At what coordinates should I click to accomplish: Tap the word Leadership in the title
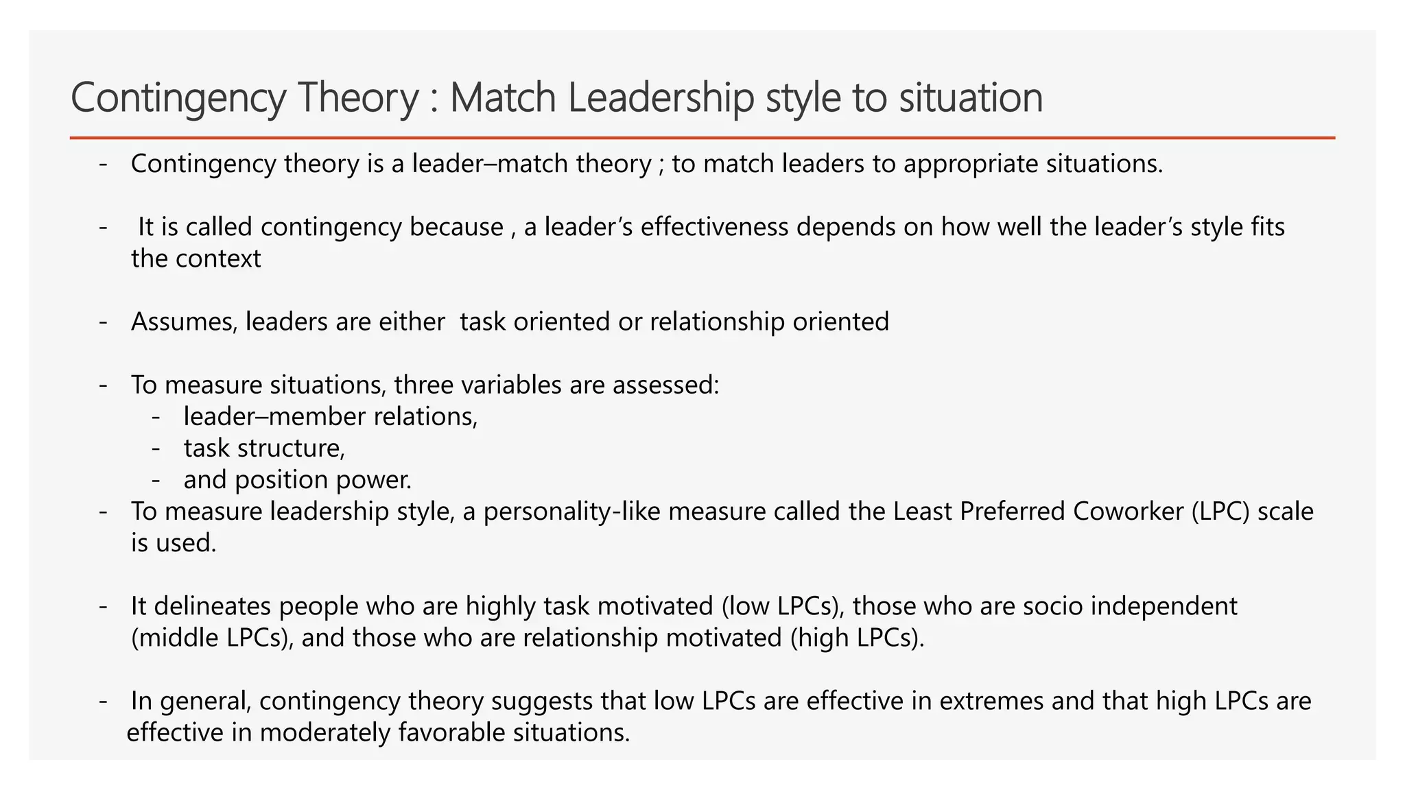[x=661, y=98]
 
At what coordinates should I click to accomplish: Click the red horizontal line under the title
[x=702, y=138]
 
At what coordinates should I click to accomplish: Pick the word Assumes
[x=184, y=322]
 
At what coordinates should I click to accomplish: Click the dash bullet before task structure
[x=156, y=448]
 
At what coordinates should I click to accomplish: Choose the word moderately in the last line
[x=325, y=732]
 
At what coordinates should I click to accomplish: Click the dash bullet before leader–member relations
[x=156, y=417]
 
